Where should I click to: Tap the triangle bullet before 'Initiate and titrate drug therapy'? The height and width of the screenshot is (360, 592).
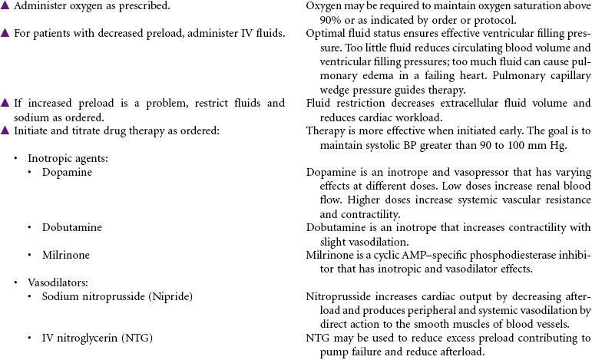tap(5, 130)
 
